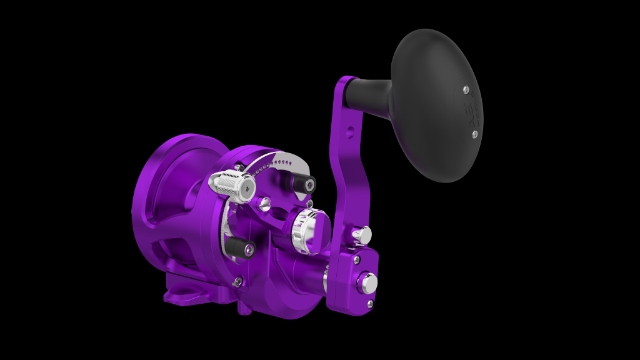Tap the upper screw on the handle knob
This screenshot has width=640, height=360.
466,90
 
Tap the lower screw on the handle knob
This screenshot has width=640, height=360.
474,134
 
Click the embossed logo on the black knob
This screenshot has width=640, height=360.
470,112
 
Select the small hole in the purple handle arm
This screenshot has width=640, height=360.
350,132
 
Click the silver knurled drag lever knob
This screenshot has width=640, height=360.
231,185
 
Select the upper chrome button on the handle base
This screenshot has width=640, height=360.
362,235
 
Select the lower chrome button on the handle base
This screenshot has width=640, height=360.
367,283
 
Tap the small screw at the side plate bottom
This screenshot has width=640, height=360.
237,282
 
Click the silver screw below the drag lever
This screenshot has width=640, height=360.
264,203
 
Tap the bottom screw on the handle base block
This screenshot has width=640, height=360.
370,304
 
